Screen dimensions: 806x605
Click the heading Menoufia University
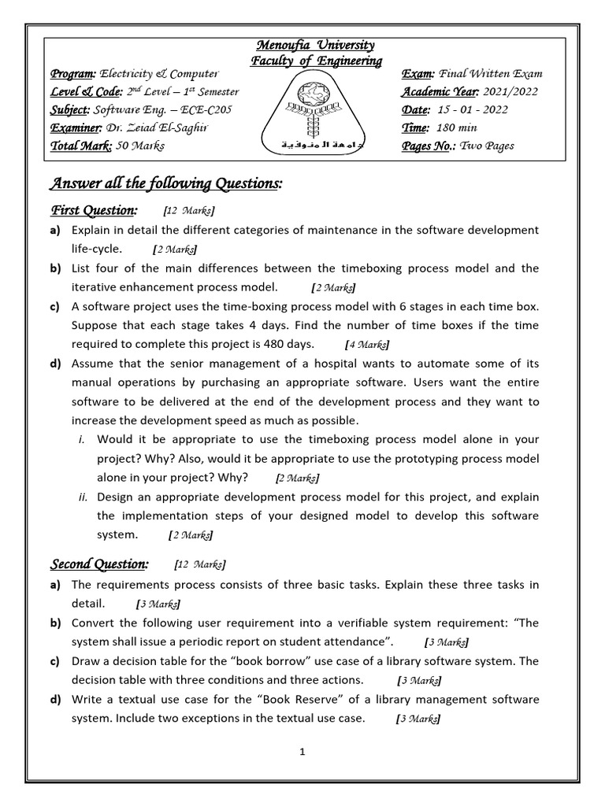(x=312, y=46)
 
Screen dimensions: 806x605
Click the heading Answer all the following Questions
(x=165, y=183)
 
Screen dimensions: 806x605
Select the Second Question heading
(x=99, y=564)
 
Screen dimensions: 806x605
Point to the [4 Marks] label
(x=367, y=345)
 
